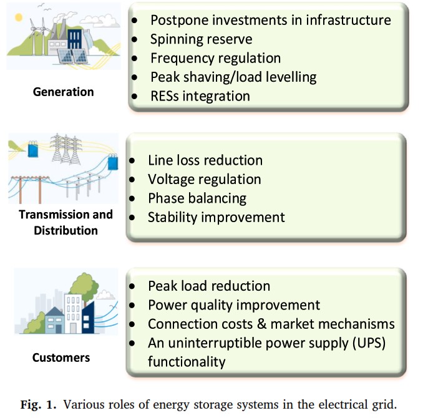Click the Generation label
64,92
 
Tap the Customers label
61,357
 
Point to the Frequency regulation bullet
215,58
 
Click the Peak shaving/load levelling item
233,77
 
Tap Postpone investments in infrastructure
271,20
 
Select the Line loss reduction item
205,160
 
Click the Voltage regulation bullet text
204,179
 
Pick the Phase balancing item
197,198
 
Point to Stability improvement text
216,217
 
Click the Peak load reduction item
209,286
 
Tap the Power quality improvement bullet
234,305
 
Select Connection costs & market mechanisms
271,324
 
